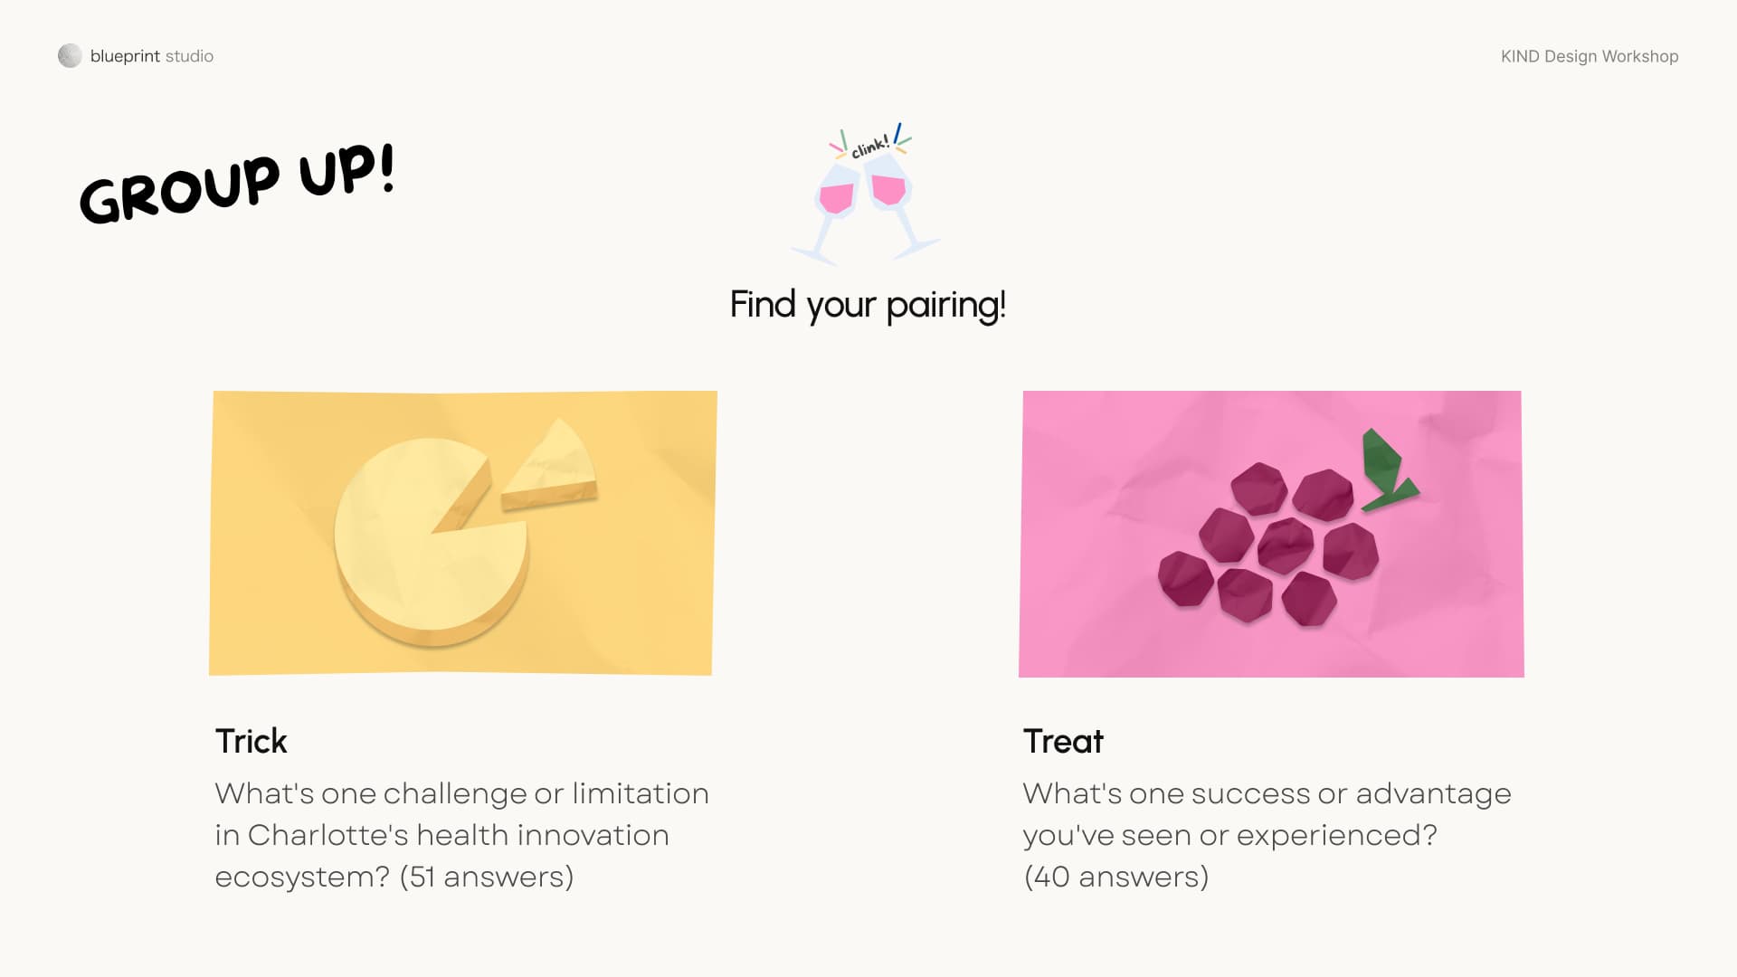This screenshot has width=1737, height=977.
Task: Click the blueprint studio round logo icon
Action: click(x=70, y=56)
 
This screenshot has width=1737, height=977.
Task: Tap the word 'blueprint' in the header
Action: click(x=125, y=56)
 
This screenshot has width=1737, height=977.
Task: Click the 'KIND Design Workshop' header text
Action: click(x=1590, y=56)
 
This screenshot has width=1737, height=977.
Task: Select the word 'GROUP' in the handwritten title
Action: click(x=179, y=189)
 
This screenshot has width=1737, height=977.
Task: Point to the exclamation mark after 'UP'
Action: click(x=387, y=167)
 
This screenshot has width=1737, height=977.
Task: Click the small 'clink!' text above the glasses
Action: click(x=870, y=147)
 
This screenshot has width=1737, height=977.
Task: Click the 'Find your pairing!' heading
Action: click(x=868, y=305)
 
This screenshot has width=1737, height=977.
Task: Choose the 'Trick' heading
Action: click(x=251, y=741)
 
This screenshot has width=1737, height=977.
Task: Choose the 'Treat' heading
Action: click(x=1063, y=741)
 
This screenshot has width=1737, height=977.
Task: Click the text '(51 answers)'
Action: click(x=487, y=877)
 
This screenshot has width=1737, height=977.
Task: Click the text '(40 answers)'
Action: click(x=1116, y=877)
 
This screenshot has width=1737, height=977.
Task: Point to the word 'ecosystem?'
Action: click(x=302, y=877)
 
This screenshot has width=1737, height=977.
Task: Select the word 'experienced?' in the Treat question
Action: click(x=1337, y=836)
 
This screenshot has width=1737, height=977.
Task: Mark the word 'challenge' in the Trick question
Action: click(x=454, y=793)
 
